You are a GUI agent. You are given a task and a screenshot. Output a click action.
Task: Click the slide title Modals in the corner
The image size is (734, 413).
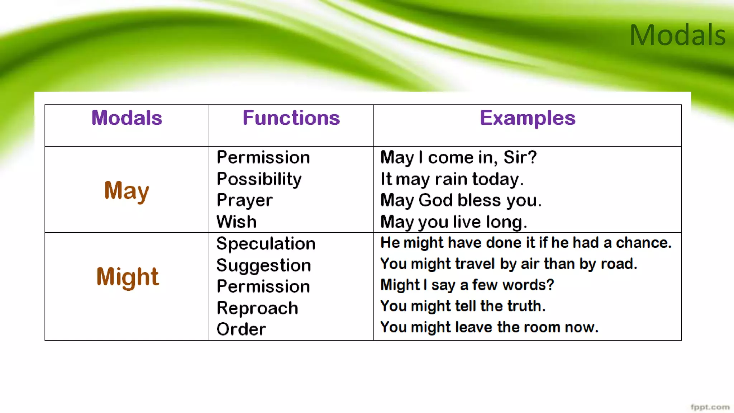tap(677, 35)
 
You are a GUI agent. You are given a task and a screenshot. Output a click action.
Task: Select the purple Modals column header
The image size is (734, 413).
tap(127, 118)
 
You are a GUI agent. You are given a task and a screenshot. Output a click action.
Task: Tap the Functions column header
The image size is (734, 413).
tap(291, 118)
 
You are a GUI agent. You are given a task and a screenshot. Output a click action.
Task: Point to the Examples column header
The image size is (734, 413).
tap(528, 118)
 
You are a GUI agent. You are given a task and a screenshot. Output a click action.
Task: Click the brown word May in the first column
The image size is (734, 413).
tap(127, 191)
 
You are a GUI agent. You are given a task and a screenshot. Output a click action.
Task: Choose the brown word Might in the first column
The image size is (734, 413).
tap(127, 277)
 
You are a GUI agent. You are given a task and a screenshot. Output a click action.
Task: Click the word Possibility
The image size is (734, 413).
tap(259, 179)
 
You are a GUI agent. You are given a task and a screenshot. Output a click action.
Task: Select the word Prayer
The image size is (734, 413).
tap(244, 200)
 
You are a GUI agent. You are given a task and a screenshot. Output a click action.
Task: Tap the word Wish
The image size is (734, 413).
tap(237, 222)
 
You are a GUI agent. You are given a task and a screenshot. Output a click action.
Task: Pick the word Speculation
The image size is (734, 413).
tap(266, 243)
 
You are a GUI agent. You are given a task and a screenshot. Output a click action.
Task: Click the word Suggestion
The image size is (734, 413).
tap(264, 265)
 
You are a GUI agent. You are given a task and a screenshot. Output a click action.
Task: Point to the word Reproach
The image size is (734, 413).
tap(257, 308)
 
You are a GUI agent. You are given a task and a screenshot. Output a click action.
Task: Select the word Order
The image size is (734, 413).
tap(241, 329)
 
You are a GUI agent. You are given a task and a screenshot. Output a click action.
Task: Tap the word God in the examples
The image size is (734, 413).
tap(435, 200)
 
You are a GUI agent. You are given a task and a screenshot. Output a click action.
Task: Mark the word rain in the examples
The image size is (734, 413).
tap(451, 179)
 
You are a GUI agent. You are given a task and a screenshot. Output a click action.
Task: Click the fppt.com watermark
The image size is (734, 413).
tap(710, 407)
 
